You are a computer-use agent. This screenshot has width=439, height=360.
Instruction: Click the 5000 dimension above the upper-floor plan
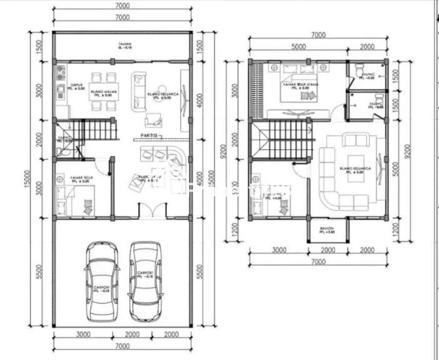click(x=298, y=46)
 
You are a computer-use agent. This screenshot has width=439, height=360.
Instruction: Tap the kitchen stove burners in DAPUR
click(x=61, y=71)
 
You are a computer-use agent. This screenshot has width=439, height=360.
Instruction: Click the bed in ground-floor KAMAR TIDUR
click(x=64, y=200)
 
